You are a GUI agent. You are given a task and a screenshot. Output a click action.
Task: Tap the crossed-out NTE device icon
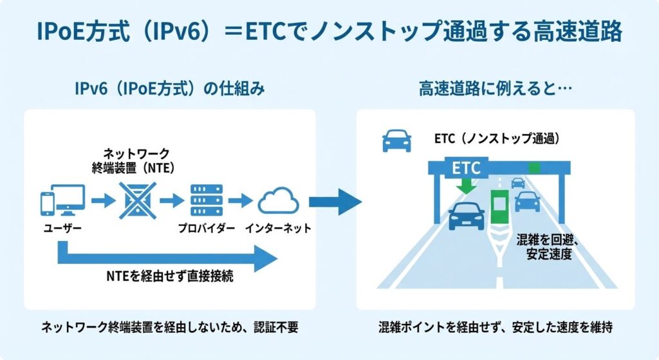coord(136,200)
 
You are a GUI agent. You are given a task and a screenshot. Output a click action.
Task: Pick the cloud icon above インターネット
coord(279,202)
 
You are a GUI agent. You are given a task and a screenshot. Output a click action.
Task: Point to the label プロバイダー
coord(204,228)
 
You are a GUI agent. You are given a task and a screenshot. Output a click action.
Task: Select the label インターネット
coord(278,228)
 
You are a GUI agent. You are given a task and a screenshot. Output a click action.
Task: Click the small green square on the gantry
coord(534,168)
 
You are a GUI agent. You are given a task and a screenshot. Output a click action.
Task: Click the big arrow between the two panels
coord(335,202)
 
